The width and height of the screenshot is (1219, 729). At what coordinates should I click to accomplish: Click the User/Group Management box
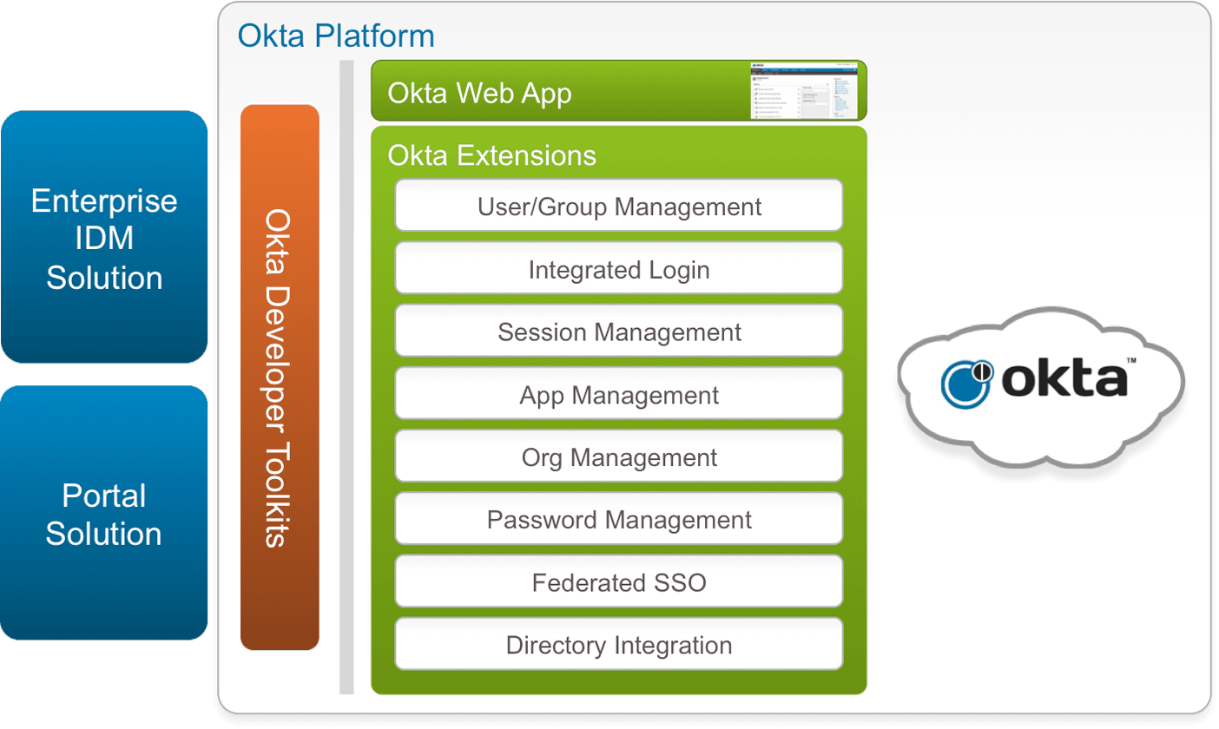619,206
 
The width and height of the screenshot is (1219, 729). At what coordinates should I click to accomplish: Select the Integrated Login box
619,269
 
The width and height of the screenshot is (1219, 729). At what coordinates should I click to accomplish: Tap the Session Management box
619,332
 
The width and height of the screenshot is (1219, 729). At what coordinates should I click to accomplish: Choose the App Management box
619,395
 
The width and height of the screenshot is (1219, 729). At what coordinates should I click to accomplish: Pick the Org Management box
619,456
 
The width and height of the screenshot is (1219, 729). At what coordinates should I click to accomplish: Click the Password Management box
619,520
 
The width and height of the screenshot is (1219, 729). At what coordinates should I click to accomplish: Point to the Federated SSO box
619,582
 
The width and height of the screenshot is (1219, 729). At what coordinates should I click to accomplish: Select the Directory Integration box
619,645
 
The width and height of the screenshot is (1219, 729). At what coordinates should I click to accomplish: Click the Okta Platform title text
336,36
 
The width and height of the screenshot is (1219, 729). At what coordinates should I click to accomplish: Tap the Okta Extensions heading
492,154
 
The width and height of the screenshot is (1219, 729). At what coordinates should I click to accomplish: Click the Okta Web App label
479,93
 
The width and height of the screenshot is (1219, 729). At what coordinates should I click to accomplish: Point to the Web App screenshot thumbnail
803,90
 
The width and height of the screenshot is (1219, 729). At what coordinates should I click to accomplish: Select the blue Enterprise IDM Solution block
104,239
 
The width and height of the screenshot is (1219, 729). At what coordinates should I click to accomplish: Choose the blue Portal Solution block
104,514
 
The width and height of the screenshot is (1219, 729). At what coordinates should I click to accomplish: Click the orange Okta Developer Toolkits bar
280,378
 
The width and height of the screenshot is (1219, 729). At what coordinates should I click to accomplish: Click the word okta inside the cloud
1069,383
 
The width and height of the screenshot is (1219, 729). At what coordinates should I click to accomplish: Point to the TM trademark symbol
1131,359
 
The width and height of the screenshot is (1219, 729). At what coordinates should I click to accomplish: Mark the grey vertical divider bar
346,378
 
